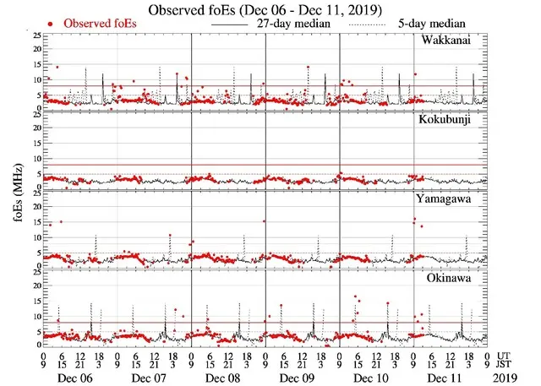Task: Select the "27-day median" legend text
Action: click(292, 24)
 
